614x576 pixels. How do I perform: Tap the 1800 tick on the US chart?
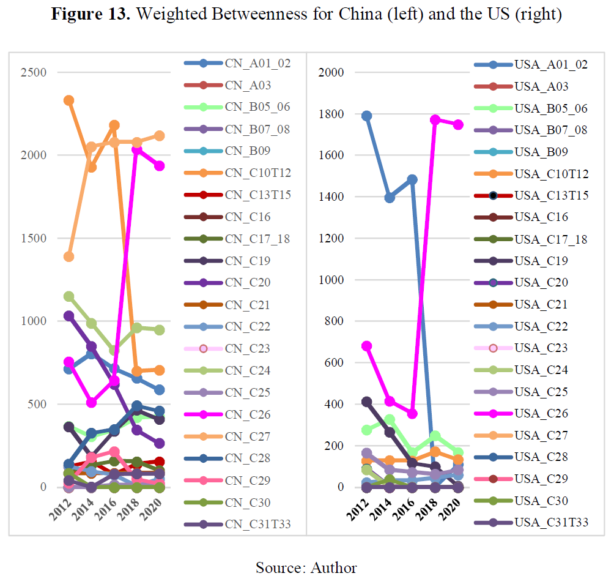330,114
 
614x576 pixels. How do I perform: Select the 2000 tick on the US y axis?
330,73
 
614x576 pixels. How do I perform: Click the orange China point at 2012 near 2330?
68,100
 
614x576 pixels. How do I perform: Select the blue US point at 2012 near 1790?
366,116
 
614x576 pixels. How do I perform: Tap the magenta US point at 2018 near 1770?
435,120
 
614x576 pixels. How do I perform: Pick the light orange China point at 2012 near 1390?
68,256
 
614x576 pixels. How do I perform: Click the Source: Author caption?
306,567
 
